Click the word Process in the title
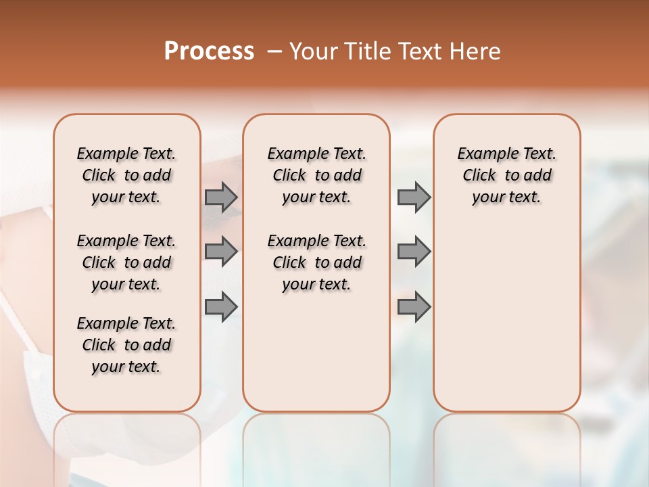tap(209, 51)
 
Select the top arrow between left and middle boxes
tap(221, 197)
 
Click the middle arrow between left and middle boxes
tap(221, 252)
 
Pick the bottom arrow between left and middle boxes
tap(221, 307)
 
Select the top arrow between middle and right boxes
tap(414, 197)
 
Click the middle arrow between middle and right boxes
tap(414, 252)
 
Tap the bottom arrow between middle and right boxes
tap(414, 307)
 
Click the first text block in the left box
tap(126, 175)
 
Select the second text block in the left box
tap(126, 262)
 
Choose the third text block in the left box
tap(126, 345)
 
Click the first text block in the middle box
tap(316, 175)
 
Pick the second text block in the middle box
tap(316, 262)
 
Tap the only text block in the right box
tap(506, 175)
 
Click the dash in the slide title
tap(274, 51)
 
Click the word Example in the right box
tap(481, 154)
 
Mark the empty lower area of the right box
tap(506, 318)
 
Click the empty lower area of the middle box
tap(316, 352)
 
